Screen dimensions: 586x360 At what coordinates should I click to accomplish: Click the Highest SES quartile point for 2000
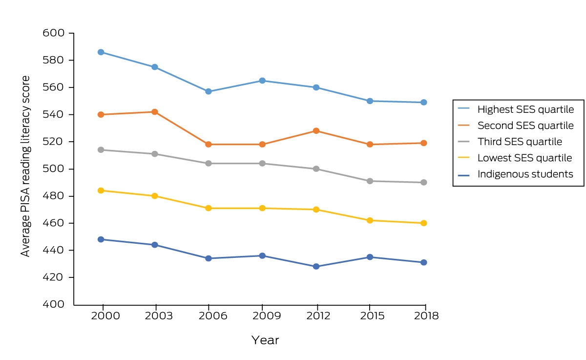[x=101, y=52]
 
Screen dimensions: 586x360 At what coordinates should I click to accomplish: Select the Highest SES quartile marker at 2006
[x=209, y=91]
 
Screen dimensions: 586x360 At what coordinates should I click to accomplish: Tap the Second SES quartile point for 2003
[x=155, y=112]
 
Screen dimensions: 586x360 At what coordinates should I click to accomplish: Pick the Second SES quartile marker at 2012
[x=316, y=131]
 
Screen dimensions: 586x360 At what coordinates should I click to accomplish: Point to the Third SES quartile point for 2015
[x=370, y=181]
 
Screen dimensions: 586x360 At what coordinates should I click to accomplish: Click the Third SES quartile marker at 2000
[x=101, y=150]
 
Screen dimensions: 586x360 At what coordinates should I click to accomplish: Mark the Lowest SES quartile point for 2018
[x=423, y=223]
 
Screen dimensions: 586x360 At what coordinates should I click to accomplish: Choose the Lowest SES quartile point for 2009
[x=262, y=208]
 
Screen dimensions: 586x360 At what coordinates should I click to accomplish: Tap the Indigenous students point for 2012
[x=316, y=266]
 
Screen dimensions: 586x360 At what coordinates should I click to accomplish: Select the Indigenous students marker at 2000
[x=101, y=239]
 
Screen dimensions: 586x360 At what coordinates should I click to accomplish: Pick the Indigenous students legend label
[x=525, y=174]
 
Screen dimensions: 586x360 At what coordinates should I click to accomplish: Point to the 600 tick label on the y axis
[x=54, y=33]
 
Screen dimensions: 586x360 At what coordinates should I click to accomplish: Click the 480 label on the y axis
[x=54, y=196]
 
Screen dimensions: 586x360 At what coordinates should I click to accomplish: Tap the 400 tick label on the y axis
[x=54, y=304]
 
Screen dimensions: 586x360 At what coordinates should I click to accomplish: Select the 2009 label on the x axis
[x=267, y=316]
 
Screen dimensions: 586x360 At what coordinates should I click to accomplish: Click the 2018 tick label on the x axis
[x=426, y=316]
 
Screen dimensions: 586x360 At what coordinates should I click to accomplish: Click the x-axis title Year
[x=265, y=340]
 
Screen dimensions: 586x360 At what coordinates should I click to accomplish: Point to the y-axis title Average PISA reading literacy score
[x=25, y=167]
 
